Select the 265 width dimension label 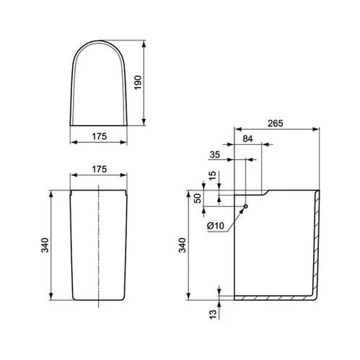[275, 123]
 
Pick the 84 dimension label [247, 139]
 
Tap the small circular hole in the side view [246, 206]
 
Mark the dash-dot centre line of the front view [97, 245]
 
